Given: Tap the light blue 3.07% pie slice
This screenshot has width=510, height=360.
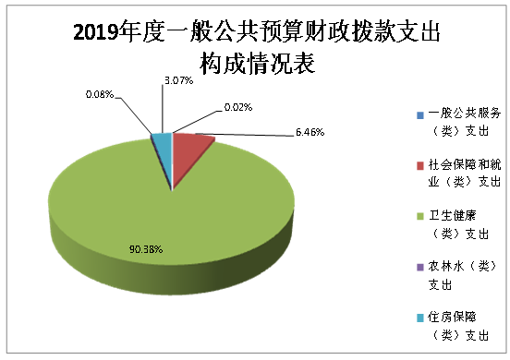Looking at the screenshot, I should coord(163,141).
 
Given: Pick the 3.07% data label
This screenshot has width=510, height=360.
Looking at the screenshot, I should coord(177,82).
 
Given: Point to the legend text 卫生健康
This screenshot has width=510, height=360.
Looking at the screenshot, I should coord(453,216).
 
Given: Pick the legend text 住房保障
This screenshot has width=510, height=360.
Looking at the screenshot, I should coord(453,318).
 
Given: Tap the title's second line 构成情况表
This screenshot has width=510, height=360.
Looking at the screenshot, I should coord(255,64).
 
